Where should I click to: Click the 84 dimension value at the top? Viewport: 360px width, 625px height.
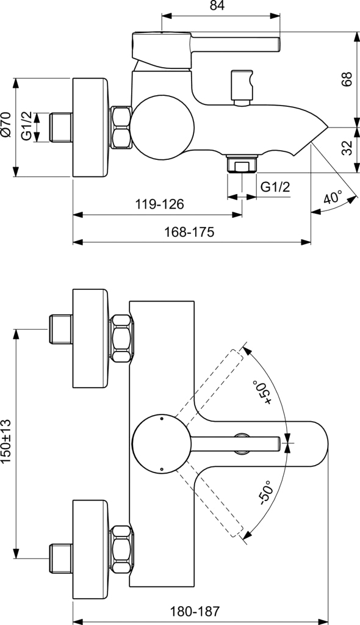[x=217, y=7]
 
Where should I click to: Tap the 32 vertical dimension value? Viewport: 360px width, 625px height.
[x=346, y=148]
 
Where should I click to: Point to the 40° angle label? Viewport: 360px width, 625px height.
[x=333, y=198]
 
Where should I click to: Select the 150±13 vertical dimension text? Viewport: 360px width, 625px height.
[x=7, y=442]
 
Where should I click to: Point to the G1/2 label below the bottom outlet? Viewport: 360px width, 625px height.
[x=275, y=186]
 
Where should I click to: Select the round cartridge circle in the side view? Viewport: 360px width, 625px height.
[x=163, y=128]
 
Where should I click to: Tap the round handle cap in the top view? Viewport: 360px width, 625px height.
[x=162, y=444]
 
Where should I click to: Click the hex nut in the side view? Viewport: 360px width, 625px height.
[x=121, y=128]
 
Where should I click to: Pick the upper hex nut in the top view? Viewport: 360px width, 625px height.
[x=121, y=338]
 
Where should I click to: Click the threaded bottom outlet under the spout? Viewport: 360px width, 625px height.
[x=242, y=164]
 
